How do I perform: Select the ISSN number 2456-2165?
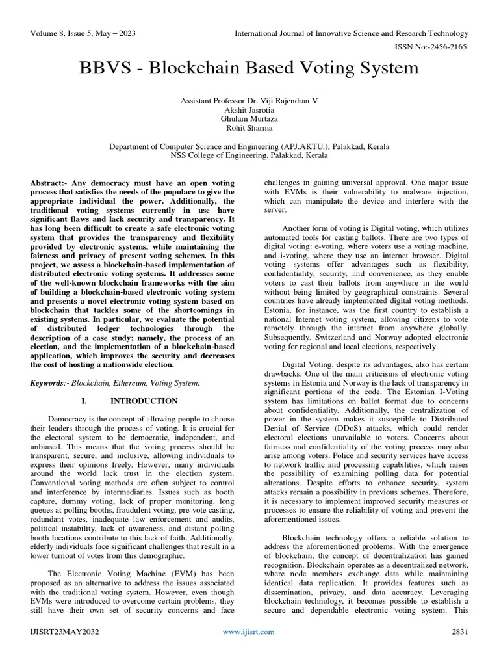(x=445, y=47)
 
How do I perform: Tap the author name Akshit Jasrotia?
(x=249, y=112)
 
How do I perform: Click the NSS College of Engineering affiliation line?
(x=249, y=156)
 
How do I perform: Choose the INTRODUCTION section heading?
(x=144, y=401)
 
